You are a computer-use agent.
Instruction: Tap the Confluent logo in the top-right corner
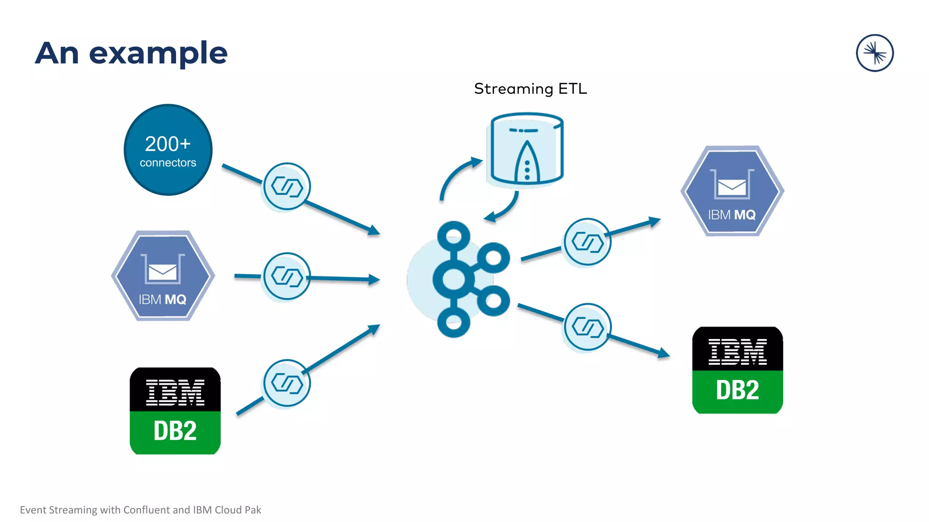875,53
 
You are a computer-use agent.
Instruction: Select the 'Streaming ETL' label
530,89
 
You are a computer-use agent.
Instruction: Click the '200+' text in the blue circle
168,144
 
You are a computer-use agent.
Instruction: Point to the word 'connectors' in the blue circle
168,163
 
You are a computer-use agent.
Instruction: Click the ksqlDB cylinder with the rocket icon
526,150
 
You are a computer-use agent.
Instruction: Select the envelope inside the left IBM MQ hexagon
162,272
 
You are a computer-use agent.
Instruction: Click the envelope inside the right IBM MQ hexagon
732,187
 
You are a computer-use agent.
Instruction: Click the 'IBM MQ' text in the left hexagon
162,300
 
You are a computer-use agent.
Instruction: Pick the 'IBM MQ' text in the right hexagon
732,215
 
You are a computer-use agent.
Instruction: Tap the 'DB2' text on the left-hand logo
175,431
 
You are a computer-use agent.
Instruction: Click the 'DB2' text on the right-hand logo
737,390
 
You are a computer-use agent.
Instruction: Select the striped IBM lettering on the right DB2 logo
737,352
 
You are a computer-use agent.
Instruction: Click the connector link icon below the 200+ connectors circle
286,186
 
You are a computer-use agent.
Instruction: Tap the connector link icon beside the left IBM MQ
286,276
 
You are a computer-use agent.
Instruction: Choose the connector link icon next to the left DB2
286,383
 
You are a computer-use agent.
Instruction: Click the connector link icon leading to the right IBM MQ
587,242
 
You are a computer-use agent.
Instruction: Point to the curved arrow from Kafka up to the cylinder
456,177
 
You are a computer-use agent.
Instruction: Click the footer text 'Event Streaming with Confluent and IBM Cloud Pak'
140,510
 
